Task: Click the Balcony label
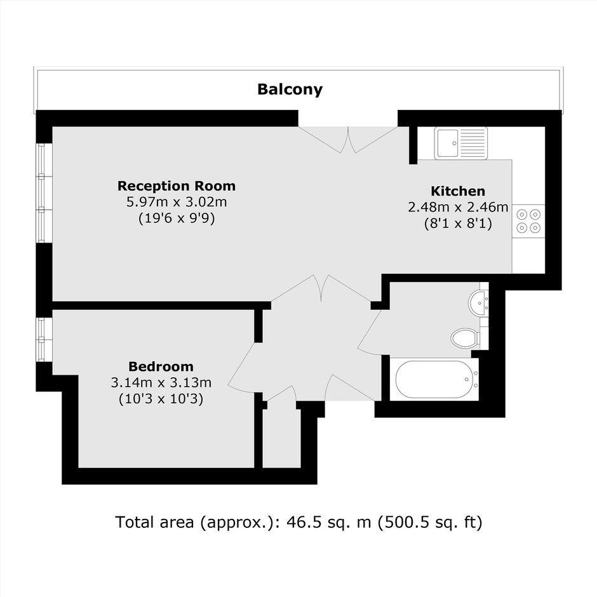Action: [x=290, y=90]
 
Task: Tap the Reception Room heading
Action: [x=177, y=186]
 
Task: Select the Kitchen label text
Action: [x=458, y=191]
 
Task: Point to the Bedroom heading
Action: [x=161, y=366]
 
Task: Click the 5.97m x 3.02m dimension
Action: [x=177, y=202]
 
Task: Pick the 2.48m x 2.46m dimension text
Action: [x=458, y=207]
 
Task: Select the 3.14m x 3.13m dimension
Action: [x=161, y=382]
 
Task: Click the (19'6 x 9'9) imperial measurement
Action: [x=177, y=218]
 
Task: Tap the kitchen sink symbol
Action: [x=460, y=143]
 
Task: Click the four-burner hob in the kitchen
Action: [x=528, y=221]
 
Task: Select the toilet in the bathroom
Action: [x=466, y=337]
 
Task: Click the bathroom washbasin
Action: [x=478, y=303]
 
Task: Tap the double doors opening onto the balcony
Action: [x=348, y=140]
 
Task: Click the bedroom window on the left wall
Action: [x=44, y=340]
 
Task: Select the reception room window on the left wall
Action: [x=44, y=192]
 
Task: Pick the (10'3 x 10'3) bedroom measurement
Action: [x=161, y=399]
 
